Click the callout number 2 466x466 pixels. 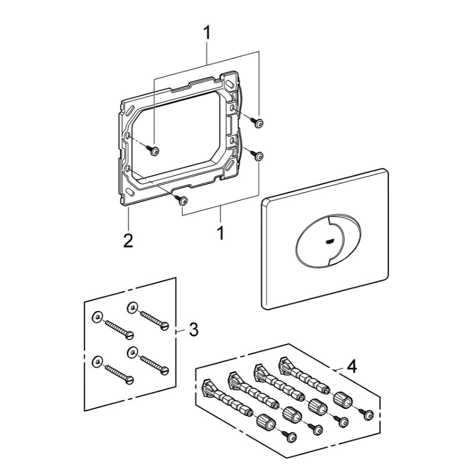(x=128, y=241)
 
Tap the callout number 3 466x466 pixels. (x=194, y=330)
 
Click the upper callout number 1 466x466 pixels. (x=207, y=33)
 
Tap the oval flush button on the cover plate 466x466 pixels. (x=328, y=239)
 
